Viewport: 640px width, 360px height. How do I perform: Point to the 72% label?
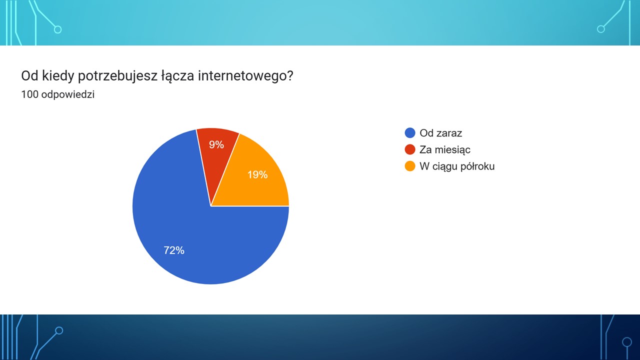coord(174,250)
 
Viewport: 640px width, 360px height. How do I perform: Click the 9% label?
coord(216,144)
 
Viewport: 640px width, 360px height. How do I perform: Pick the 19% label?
coord(257,174)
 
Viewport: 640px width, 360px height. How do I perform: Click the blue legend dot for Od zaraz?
coord(410,133)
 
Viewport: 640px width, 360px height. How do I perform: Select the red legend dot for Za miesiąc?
coord(410,149)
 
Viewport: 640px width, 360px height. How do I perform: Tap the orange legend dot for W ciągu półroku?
coord(410,166)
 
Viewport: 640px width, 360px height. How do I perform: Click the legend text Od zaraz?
coord(441,133)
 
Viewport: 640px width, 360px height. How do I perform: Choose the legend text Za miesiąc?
coord(445,149)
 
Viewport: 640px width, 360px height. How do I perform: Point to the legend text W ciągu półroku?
coord(457,166)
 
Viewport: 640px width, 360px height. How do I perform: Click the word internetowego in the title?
coord(245,75)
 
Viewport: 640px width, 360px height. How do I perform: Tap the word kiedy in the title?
coord(58,76)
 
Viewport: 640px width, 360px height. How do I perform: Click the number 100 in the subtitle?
coord(29,94)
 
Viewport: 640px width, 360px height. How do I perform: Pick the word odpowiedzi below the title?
coord(68,94)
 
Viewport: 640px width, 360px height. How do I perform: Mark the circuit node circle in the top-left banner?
coord(57,29)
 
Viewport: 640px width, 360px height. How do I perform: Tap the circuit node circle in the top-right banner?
coord(601,29)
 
